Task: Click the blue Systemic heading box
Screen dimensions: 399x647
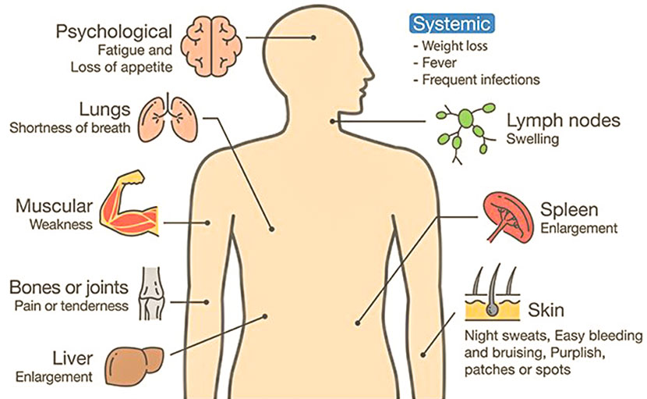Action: [451, 24]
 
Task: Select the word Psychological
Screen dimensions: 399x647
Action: [114, 32]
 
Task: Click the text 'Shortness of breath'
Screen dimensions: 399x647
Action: [70, 128]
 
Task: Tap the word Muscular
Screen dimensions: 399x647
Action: [54, 207]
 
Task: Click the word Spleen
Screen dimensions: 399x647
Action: [569, 210]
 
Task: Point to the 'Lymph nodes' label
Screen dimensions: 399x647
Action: [563, 121]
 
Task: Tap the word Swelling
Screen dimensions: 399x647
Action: [533, 140]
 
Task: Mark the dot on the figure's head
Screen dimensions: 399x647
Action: [313, 37]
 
